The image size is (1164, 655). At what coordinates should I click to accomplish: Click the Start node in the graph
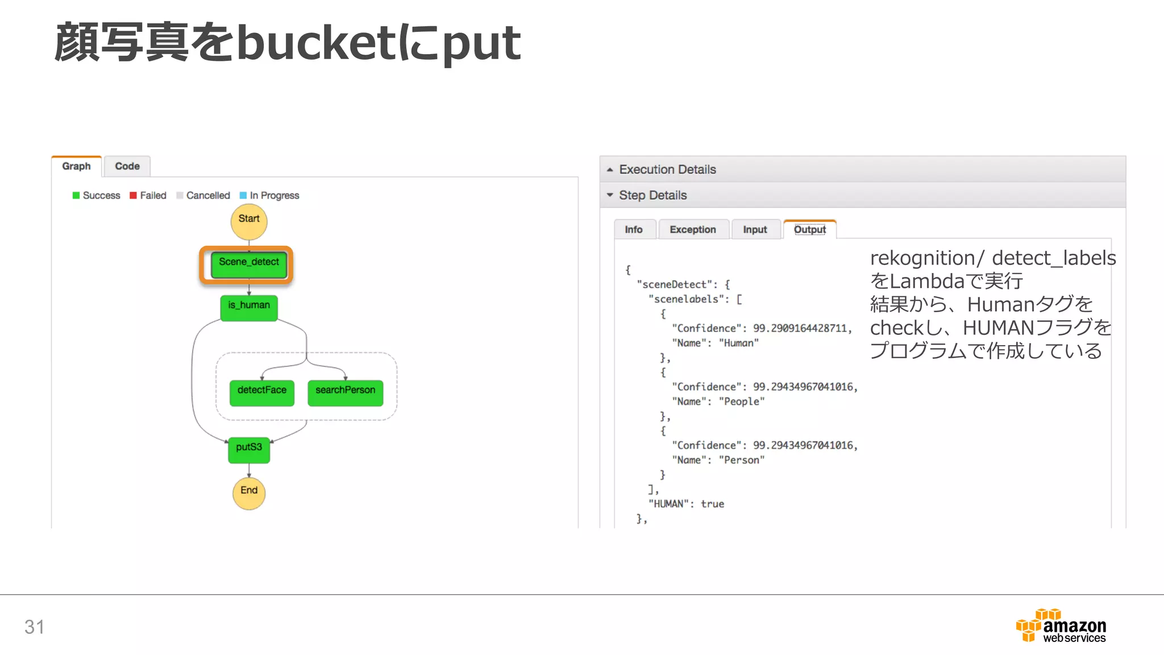(249, 221)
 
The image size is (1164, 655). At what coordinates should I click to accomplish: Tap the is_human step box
(249, 308)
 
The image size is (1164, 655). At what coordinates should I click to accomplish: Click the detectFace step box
(262, 392)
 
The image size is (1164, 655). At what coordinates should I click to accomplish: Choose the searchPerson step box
(346, 392)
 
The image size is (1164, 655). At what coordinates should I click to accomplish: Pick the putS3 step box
(249, 450)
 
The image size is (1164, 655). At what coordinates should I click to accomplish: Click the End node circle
(249, 492)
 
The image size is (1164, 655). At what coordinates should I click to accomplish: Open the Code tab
(127, 167)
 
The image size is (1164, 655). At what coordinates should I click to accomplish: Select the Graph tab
(77, 167)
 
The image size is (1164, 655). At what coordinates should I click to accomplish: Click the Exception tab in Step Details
(693, 230)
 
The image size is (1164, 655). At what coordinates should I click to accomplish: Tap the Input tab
(755, 230)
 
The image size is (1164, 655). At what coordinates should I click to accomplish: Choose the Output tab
(810, 230)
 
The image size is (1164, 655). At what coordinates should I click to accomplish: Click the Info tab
(634, 230)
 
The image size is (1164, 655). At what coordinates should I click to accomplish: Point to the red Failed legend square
(133, 196)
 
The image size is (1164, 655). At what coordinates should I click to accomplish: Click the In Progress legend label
(275, 196)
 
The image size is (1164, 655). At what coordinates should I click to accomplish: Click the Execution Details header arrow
(610, 170)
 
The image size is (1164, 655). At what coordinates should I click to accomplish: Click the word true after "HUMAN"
(712, 504)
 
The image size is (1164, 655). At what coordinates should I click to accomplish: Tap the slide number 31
(34, 627)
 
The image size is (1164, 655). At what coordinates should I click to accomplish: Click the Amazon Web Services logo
(1061, 627)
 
